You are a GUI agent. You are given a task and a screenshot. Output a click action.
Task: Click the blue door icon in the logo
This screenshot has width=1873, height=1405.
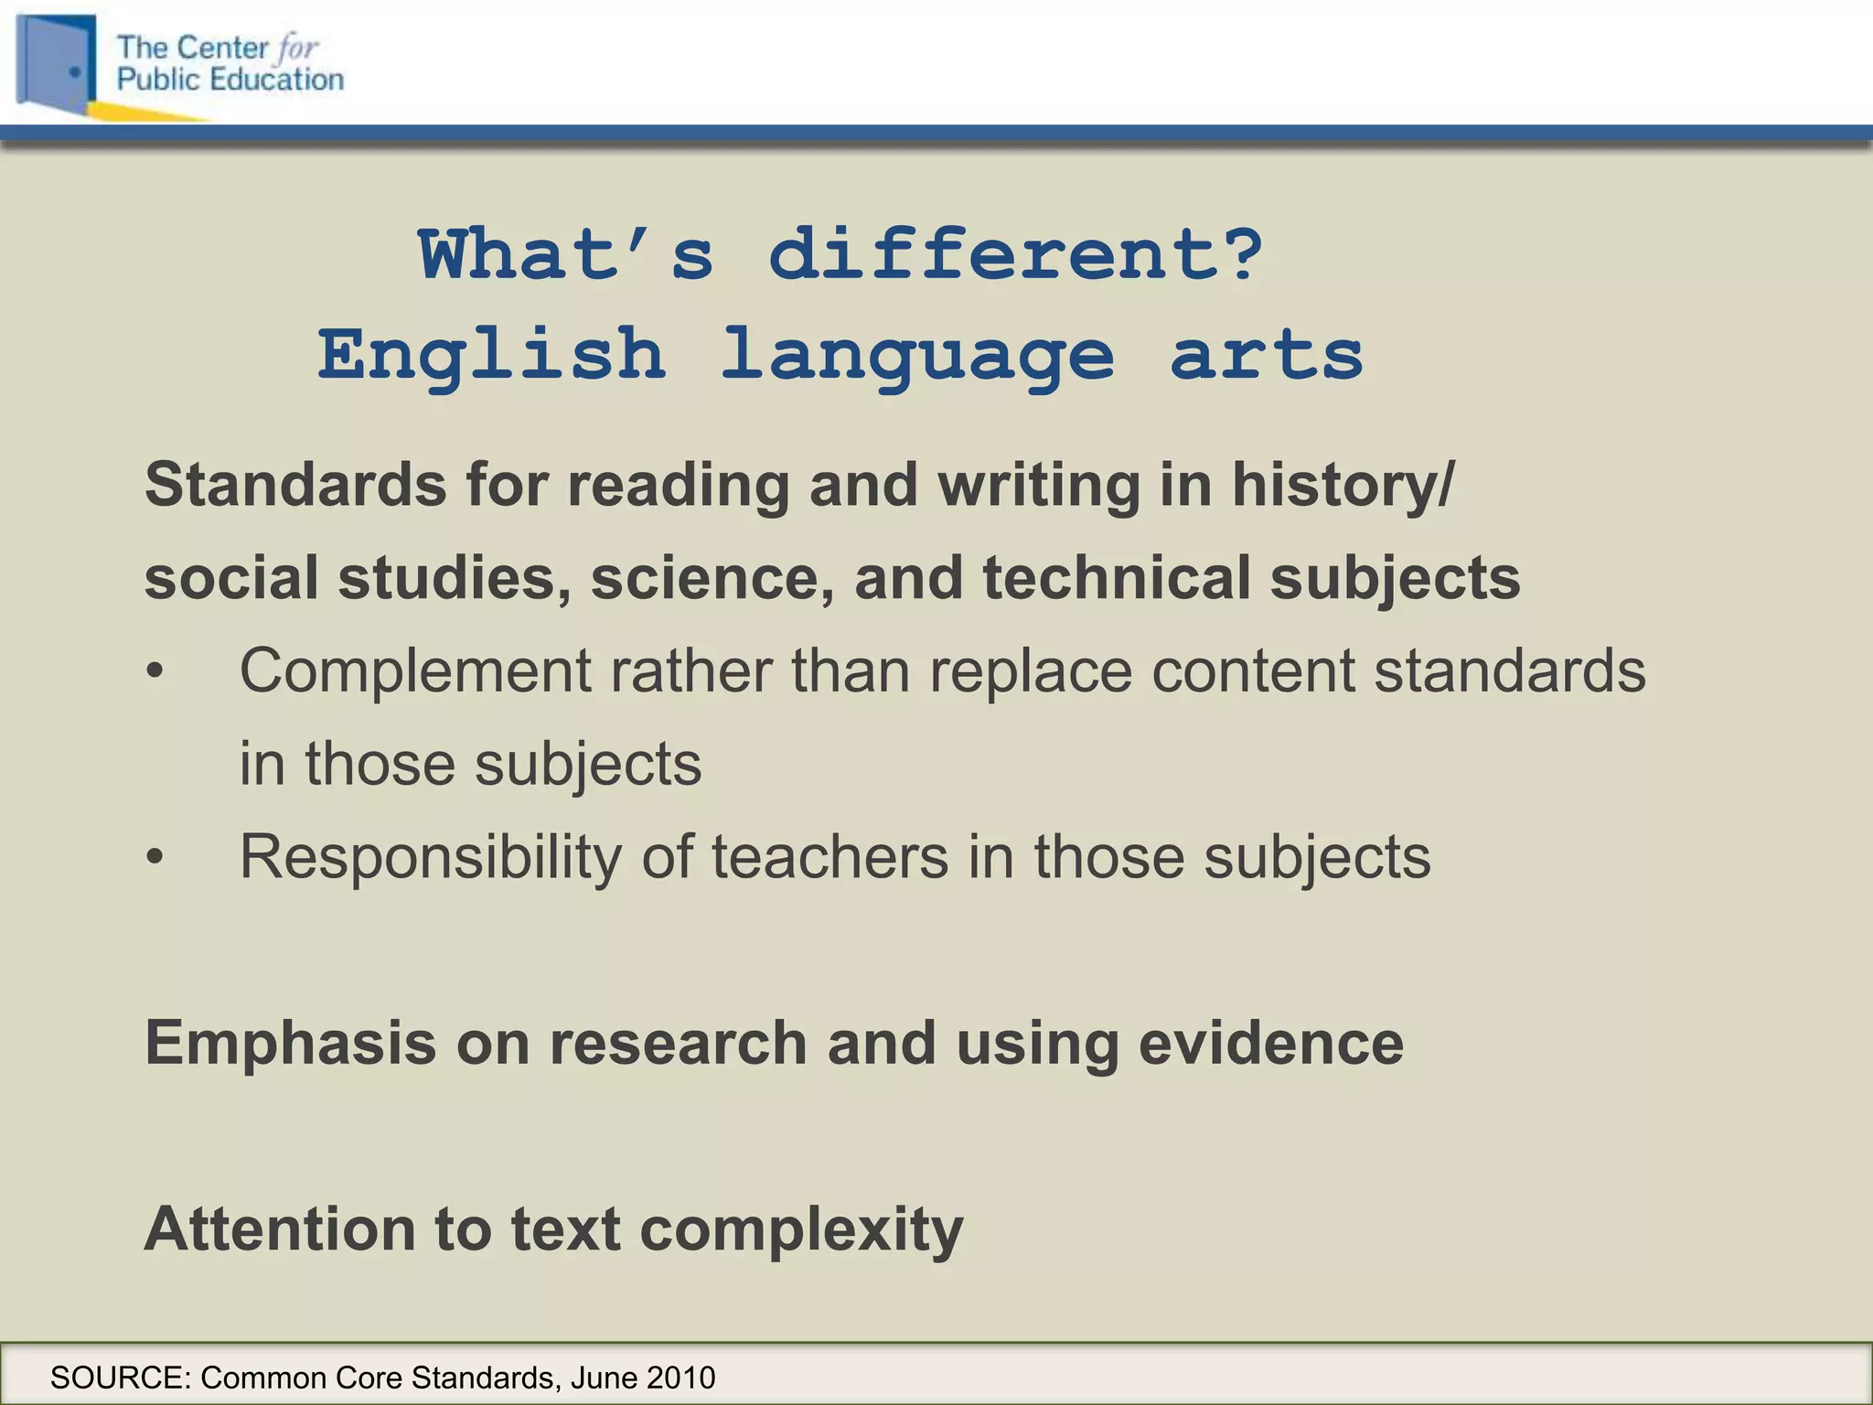(57, 62)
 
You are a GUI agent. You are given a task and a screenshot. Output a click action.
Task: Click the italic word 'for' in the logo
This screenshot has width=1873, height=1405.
(297, 48)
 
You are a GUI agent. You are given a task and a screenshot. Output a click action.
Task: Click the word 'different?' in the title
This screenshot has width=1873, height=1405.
(1015, 255)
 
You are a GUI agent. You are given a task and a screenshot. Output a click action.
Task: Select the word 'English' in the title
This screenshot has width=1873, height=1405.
(491, 355)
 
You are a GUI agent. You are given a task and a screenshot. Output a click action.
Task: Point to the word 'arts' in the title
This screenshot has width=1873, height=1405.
(1266, 355)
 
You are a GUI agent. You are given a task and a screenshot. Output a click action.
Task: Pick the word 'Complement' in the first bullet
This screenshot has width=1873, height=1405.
(415, 671)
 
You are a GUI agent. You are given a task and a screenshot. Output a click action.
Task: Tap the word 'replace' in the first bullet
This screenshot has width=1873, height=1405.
(1030, 671)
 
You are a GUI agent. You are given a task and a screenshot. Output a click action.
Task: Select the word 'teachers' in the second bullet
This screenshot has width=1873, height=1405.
(829, 857)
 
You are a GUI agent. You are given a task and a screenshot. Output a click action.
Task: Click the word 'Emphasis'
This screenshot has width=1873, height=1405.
(290, 1043)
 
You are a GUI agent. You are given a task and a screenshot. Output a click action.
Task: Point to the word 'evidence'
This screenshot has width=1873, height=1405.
(1270, 1043)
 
